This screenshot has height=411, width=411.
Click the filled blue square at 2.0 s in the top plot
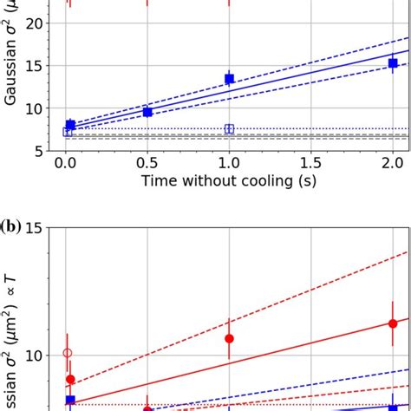393,63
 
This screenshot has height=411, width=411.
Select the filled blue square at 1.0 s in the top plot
230,79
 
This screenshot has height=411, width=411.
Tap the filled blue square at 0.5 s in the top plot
147,112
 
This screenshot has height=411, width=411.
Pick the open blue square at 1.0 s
230,129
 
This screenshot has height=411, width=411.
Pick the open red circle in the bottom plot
68,353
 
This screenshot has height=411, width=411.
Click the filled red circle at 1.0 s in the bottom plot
230,338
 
